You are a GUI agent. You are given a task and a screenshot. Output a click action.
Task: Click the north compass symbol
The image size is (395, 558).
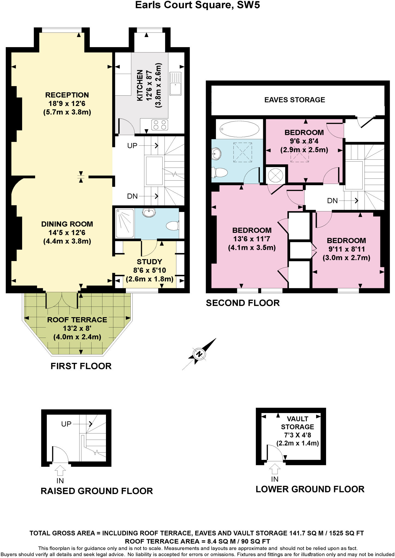pos(199,354)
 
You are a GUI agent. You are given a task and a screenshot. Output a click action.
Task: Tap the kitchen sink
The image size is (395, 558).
pos(175,84)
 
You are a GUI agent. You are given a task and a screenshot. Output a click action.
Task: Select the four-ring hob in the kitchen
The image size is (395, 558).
pos(160,125)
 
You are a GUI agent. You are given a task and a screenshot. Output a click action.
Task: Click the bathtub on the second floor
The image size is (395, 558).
pos(239,129)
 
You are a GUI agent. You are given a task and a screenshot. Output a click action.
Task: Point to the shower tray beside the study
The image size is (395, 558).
pos(125,223)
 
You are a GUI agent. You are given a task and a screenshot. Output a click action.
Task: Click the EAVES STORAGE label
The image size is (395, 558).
pos(294,100)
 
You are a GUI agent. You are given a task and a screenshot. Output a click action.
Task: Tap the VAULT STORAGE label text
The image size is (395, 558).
pos(297,423)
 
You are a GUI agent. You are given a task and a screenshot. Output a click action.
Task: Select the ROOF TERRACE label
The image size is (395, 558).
pos(77,320)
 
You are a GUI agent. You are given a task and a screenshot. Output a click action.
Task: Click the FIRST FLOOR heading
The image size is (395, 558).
pos(81,366)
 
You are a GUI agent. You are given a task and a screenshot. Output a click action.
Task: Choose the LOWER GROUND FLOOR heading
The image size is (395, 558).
pos(310,489)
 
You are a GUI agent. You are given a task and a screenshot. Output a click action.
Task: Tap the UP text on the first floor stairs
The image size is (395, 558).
pos(132,146)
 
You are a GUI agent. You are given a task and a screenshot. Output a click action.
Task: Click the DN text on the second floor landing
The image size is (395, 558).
pos(332,201)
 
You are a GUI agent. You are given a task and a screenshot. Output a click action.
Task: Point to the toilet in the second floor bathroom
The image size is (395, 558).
pos(220,172)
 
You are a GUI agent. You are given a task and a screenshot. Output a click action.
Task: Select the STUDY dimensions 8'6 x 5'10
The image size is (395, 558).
pos(150,270)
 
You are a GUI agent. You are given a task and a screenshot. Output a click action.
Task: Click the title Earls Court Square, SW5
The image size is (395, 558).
pos(197,5)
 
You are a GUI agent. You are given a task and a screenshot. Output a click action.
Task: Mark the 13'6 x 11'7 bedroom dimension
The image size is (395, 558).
pos(252,239)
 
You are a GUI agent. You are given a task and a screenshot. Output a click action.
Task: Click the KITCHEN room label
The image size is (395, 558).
pos(140,85)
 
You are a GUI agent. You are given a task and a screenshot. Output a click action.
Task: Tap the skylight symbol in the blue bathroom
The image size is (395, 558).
pos(242,152)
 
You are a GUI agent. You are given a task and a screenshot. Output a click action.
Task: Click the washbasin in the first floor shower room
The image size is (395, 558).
pos(149,212)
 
